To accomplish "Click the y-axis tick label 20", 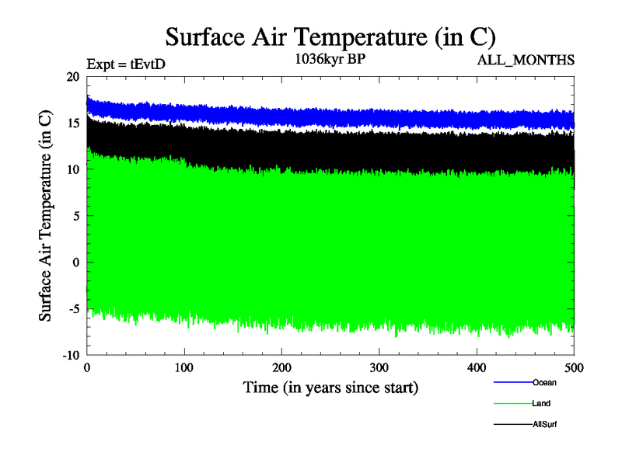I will (x=74, y=77).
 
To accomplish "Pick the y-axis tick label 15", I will (x=74, y=123).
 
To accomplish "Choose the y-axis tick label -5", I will (x=75, y=308).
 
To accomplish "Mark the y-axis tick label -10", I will (x=72, y=355).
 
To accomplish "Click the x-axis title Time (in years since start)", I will (x=330, y=387).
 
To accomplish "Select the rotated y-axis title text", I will (x=46, y=216).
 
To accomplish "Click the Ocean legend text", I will (x=544, y=382).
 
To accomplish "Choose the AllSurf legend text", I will (x=546, y=425).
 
